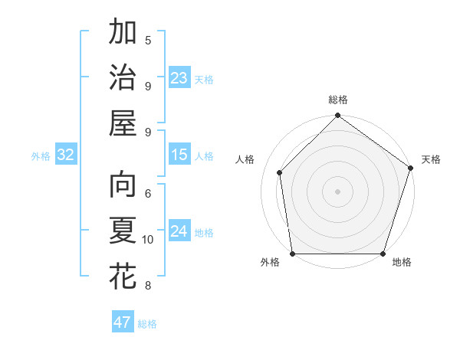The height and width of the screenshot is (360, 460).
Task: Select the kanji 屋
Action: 123,122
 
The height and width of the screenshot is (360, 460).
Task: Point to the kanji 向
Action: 123,186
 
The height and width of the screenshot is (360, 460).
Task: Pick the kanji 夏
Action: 123,231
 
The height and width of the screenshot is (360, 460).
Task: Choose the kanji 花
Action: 123,276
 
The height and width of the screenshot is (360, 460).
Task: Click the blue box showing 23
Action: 179,78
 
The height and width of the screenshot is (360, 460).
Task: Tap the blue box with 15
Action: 179,155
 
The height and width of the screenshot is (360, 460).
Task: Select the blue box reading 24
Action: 179,231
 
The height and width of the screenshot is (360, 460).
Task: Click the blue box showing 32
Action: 65,155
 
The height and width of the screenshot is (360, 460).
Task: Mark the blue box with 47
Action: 122,322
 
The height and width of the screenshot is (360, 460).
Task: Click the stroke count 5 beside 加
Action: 148,40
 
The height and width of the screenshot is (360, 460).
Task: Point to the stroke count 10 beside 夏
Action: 148,240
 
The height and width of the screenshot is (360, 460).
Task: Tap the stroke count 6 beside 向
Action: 148,194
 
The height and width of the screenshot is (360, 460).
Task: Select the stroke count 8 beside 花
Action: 148,286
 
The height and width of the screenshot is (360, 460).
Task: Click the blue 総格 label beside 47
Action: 147,324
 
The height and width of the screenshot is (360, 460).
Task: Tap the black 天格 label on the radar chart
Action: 431,159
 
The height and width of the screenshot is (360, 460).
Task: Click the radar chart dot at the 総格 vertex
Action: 337,116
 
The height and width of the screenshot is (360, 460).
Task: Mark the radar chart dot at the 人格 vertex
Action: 280,172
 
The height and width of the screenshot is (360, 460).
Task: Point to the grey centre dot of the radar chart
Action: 337,191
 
